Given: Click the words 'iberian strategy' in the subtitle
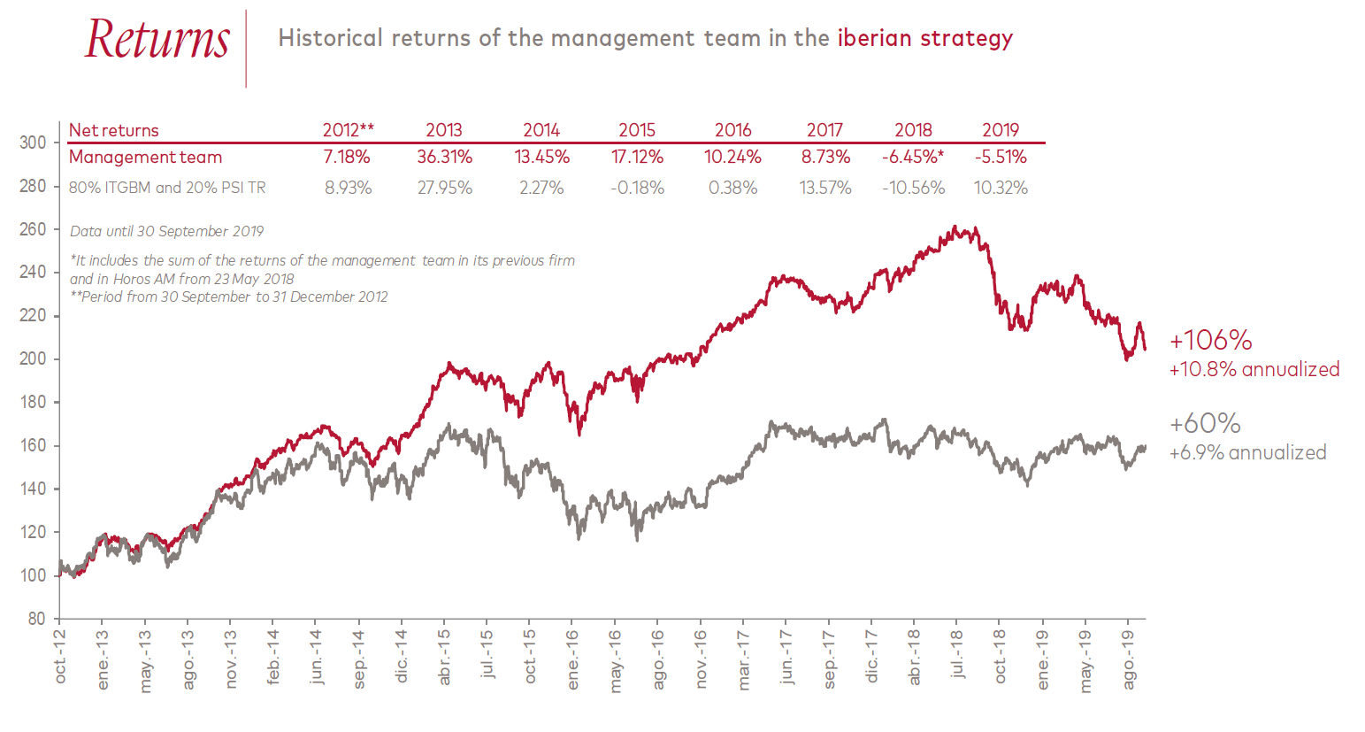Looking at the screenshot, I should [924, 38].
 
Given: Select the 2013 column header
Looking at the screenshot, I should [444, 130].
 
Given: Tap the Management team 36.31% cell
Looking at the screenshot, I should [445, 158].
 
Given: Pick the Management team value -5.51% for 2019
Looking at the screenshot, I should [1001, 158].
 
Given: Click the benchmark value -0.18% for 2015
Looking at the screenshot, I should [637, 188].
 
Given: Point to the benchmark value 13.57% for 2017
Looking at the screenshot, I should [824, 188].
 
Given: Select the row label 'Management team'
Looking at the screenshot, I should [145, 158].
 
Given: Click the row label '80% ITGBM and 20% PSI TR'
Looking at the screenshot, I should [167, 188].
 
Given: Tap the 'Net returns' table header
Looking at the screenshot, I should [113, 130].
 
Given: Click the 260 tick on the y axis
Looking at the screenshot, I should [33, 229].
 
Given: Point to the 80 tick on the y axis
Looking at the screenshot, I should [36, 619].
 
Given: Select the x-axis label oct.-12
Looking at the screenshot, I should [60, 657].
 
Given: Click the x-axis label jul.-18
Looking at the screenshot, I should [956, 654].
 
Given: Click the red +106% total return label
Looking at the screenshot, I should [1210, 341].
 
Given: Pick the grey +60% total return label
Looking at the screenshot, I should [1205, 423].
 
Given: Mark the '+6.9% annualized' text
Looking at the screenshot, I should [1247, 453].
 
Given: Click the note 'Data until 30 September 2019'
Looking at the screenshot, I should [167, 231].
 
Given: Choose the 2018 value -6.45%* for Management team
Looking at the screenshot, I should [913, 158].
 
